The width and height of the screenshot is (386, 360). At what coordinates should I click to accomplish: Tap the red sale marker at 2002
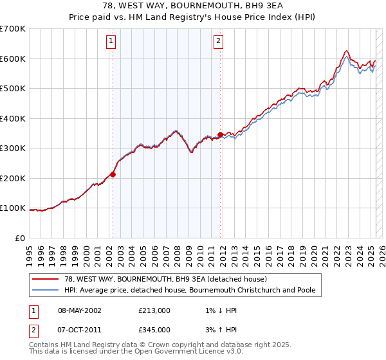tap(113, 174)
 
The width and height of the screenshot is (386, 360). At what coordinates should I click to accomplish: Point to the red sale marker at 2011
tap(220, 135)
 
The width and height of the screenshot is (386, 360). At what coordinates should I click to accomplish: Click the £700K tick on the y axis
tap(13, 29)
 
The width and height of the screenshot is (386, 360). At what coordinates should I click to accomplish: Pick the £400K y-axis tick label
tap(13, 118)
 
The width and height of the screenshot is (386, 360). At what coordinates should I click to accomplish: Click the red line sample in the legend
tap(45, 280)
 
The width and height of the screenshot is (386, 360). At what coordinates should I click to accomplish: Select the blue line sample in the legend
tap(45, 290)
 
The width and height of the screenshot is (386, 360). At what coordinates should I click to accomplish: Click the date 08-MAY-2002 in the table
tap(80, 310)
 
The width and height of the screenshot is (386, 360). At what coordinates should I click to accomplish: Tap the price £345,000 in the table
tap(154, 330)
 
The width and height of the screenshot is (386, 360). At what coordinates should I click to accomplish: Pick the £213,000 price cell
tap(154, 310)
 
